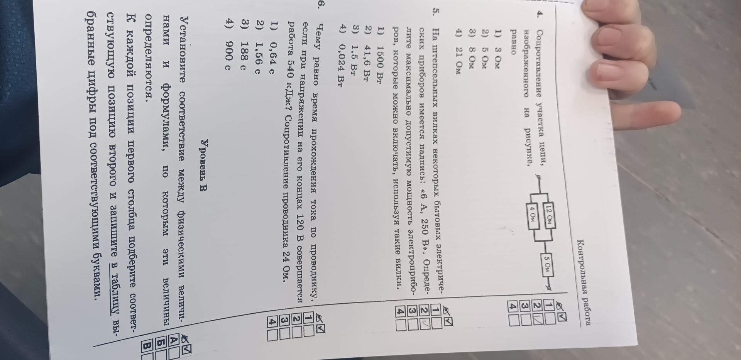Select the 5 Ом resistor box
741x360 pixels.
(x=548, y=264)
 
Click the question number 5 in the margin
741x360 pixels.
(x=435, y=20)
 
